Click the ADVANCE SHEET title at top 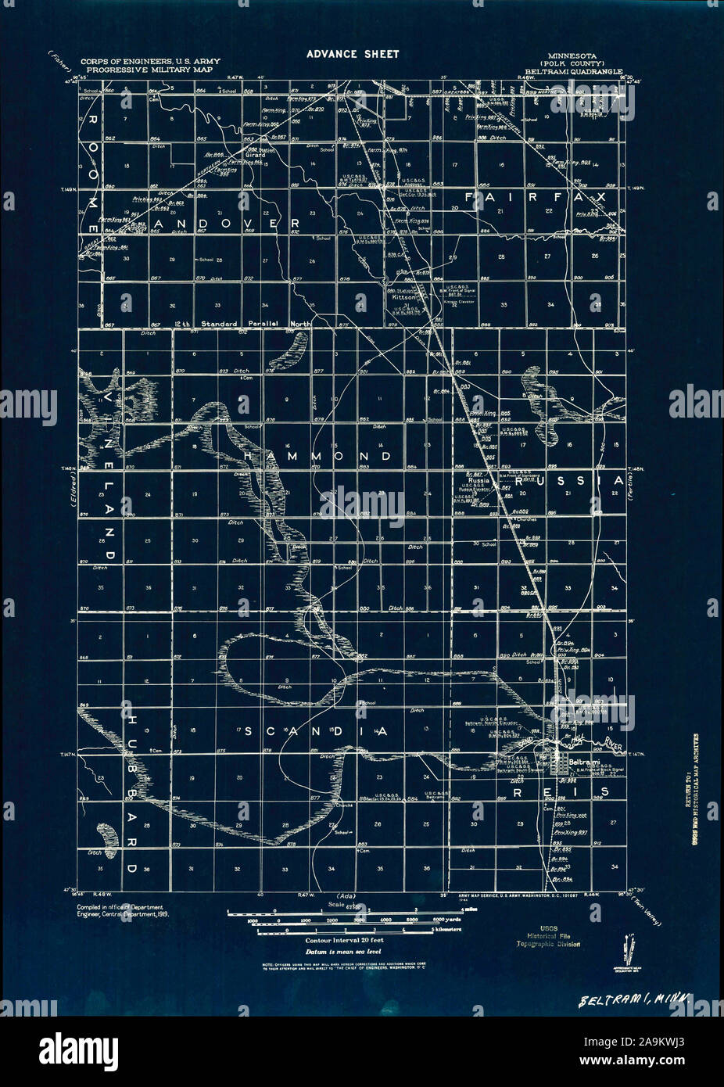point(353,54)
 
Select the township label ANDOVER point(228,224)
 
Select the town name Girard point(256,155)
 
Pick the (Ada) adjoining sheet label point(346,896)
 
